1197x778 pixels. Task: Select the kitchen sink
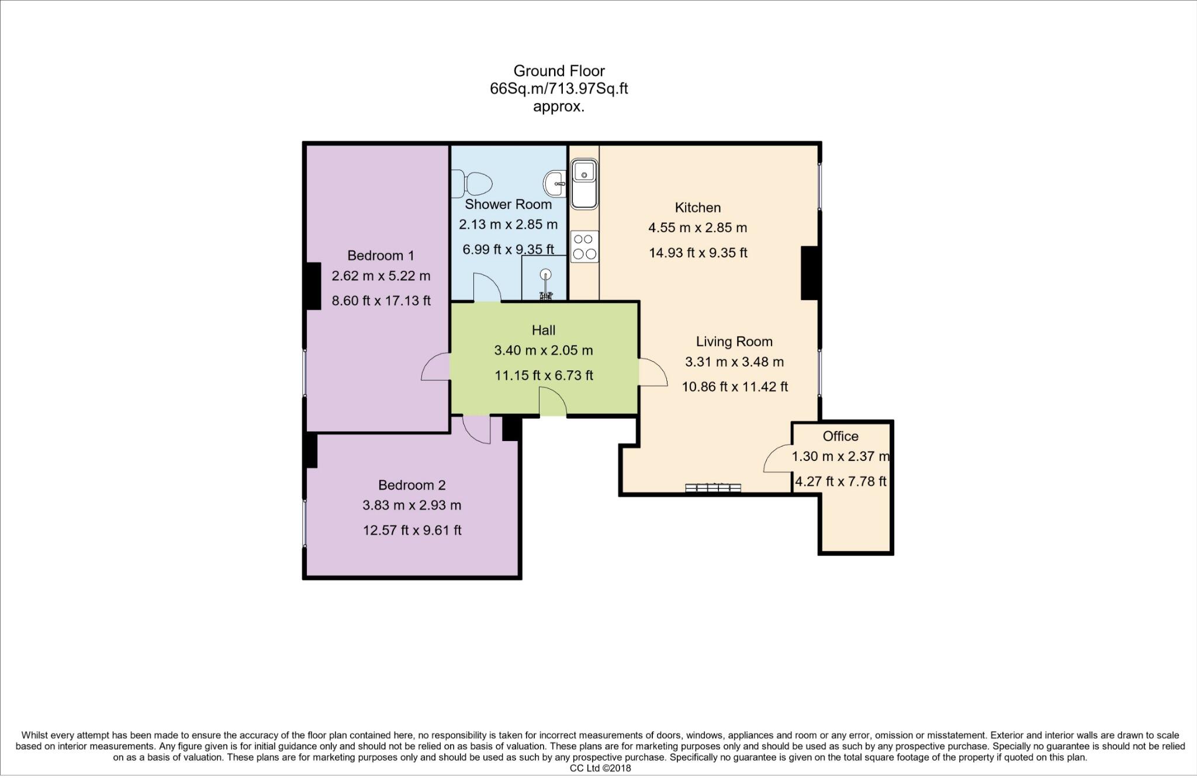tap(584, 185)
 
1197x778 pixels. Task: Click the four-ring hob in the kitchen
tap(584, 246)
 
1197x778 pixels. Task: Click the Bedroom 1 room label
tap(380, 256)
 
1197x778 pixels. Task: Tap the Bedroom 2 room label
tap(411, 485)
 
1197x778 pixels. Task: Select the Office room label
tap(840, 436)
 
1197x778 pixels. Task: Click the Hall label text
tap(544, 331)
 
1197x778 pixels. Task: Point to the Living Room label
tap(734, 342)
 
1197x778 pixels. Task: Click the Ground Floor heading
tap(559, 71)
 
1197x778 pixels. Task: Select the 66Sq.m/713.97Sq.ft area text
tap(559, 89)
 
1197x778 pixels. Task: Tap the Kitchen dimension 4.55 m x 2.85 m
tap(697, 228)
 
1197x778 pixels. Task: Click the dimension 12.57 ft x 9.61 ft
tap(412, 531)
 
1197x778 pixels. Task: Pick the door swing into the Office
tap(778, 459)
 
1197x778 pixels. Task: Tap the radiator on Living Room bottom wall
tap(713, 488)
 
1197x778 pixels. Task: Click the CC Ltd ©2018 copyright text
tap(600, 769)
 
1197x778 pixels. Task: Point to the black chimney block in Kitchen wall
tap(809, 273)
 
